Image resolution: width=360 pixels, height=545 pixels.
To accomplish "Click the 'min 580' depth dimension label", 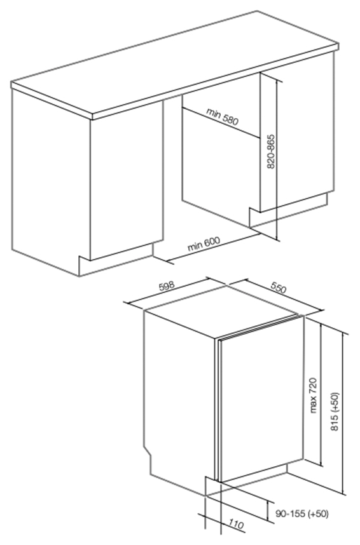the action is tap(222, 116).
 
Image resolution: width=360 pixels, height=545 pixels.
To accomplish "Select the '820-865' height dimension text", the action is tap(271, 152).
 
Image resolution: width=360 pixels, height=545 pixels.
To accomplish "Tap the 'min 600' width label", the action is tap(204, 244).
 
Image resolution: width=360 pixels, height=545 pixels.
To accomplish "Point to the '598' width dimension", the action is tap(167, 286).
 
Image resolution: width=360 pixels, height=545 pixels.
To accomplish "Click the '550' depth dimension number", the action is tap(278, 288).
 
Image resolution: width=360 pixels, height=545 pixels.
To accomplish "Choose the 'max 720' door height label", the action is tap(314, 395).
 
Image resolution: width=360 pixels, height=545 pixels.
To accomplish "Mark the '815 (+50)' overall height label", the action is tap(335, 412).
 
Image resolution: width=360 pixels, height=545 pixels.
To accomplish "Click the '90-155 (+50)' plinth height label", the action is tap(302, 514).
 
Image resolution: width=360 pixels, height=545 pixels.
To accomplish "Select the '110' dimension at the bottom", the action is tap(237, 525).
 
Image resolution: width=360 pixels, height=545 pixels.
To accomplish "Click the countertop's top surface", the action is tap(174, 62).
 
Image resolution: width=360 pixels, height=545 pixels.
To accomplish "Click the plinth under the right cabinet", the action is tap(289, 212).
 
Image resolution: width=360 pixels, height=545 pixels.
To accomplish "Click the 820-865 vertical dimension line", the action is tap(278, 160).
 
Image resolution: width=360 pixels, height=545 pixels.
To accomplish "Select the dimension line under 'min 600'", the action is tap(213, 247).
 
